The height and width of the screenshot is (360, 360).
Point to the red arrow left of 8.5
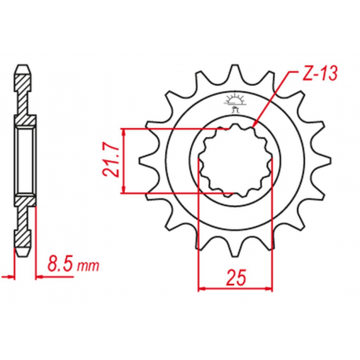point(9,275)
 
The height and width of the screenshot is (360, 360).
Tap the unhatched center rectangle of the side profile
point(25,161)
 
